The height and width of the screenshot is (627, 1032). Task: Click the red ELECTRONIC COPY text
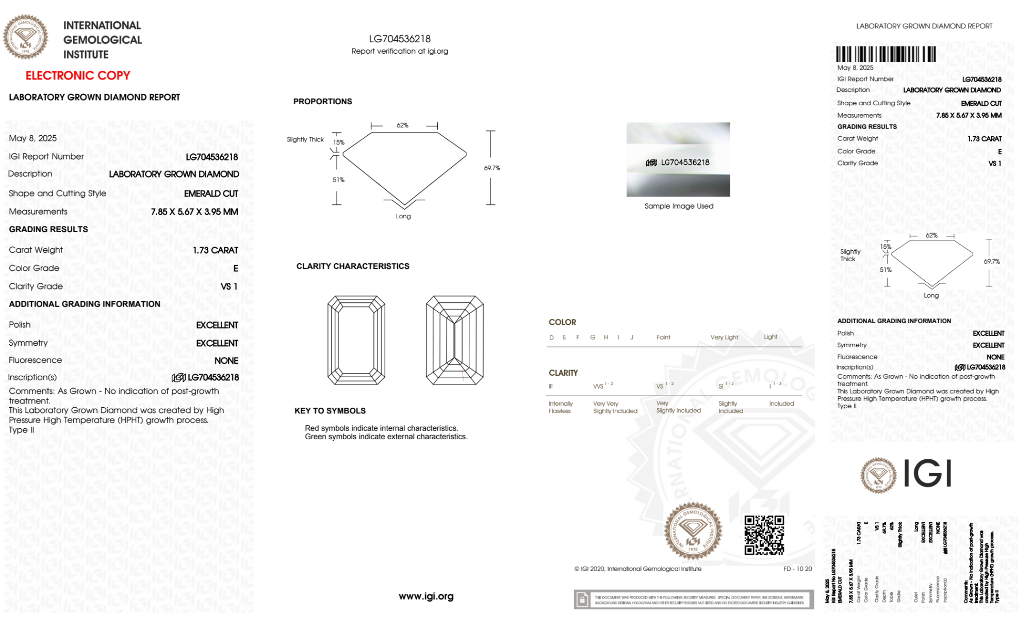[78, 75]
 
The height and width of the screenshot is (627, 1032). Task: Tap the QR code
[764, 535]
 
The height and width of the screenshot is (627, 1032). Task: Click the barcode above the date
[886, 54]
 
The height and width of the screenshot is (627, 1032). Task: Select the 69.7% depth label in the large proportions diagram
[492, 168]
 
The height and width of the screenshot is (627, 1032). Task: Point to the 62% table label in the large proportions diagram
[402, 125]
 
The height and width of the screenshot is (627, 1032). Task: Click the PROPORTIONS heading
[322, 102]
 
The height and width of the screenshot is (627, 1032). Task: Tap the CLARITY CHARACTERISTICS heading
[353, 266]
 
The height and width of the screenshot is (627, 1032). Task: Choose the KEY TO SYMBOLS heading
[330, 411]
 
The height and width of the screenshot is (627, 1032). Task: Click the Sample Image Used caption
[679, 206]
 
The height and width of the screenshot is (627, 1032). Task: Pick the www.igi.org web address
[426, 596]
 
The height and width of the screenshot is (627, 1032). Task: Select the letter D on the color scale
[551, 337]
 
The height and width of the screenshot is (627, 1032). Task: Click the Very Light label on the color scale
[724, 337]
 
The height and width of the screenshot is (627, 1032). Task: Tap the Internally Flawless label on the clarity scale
[560, 407]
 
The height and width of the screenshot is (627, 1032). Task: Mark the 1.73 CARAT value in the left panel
[216, 250]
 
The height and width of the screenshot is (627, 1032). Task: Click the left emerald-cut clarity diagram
[356, 340]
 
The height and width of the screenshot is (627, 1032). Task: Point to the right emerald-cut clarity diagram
[454, 340]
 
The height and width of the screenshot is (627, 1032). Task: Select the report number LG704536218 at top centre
[400, 39]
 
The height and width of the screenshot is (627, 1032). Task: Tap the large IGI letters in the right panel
[927, 473]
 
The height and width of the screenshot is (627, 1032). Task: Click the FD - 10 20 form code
[797, 569]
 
